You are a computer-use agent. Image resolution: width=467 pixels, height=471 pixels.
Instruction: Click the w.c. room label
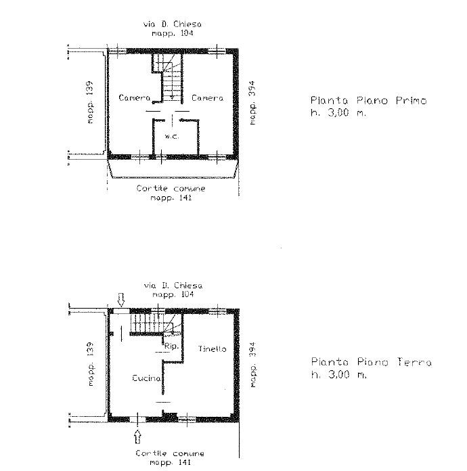172,136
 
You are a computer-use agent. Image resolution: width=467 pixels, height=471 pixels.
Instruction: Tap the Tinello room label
212,349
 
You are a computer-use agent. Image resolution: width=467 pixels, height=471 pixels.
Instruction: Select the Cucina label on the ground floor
146,378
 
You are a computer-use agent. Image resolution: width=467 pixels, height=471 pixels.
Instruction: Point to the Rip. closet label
171,346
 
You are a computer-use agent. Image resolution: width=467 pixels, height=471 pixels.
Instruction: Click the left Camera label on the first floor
134,97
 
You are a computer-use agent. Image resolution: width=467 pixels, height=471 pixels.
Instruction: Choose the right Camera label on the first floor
207,98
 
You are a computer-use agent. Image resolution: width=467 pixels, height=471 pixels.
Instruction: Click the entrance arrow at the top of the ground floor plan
121,300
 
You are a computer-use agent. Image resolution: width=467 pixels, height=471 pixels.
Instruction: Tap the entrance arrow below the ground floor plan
137,436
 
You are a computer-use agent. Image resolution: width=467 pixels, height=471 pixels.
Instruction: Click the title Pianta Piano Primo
368,100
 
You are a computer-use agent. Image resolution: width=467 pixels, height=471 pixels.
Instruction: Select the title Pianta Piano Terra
371,361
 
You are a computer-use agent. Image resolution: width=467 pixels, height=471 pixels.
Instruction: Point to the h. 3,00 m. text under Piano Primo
338,112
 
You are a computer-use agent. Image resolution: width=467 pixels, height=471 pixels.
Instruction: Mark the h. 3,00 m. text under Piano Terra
338,374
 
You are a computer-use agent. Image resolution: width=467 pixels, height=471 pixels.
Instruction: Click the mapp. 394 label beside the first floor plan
252,103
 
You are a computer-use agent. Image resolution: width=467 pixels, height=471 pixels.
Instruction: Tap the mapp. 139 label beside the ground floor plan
90,364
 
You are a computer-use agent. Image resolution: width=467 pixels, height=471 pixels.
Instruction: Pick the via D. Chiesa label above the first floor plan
172,24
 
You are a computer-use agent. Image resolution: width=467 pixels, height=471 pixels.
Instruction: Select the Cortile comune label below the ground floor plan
170,453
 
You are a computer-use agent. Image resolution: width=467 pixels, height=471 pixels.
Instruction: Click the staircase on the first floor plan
168,78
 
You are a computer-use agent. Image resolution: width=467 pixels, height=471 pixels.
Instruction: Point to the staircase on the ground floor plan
156,323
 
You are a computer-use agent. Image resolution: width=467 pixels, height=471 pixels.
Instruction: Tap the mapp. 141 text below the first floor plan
171,198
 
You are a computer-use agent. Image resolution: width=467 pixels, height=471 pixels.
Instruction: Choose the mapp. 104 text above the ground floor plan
173,294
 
